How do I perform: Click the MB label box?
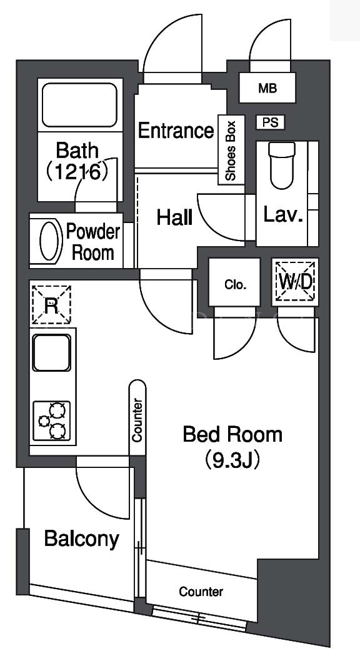267,88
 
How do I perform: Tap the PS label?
271,122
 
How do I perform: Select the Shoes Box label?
231,151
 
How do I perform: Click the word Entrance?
176,131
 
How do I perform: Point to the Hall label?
174,218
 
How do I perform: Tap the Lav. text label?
283,215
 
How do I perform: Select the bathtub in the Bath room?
79,105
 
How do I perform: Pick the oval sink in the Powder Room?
48,241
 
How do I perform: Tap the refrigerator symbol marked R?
51,305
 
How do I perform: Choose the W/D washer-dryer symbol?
295,282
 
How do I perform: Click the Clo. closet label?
234,285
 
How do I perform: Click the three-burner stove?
52,420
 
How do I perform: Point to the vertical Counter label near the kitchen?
137,420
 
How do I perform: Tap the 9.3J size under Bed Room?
232,460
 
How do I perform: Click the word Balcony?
82,539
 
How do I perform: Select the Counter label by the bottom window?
201,591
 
